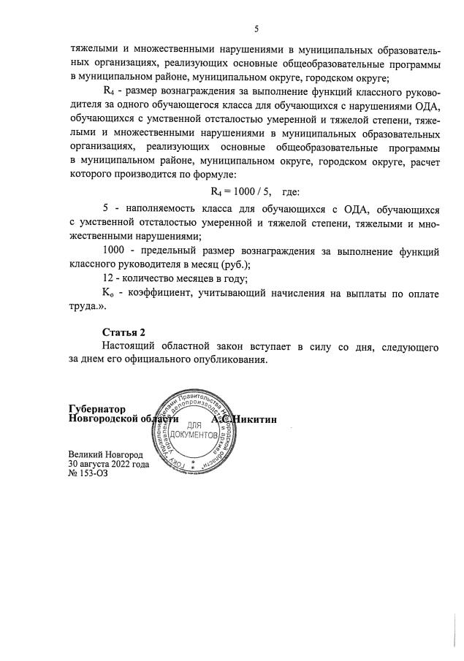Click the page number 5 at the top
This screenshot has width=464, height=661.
pyautogui.click(x=256, y=29)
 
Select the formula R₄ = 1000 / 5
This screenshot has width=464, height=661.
pyautogui.click(x=240, y=192)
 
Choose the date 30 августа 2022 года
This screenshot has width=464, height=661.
pyautogui.click(x=109, y=463)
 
